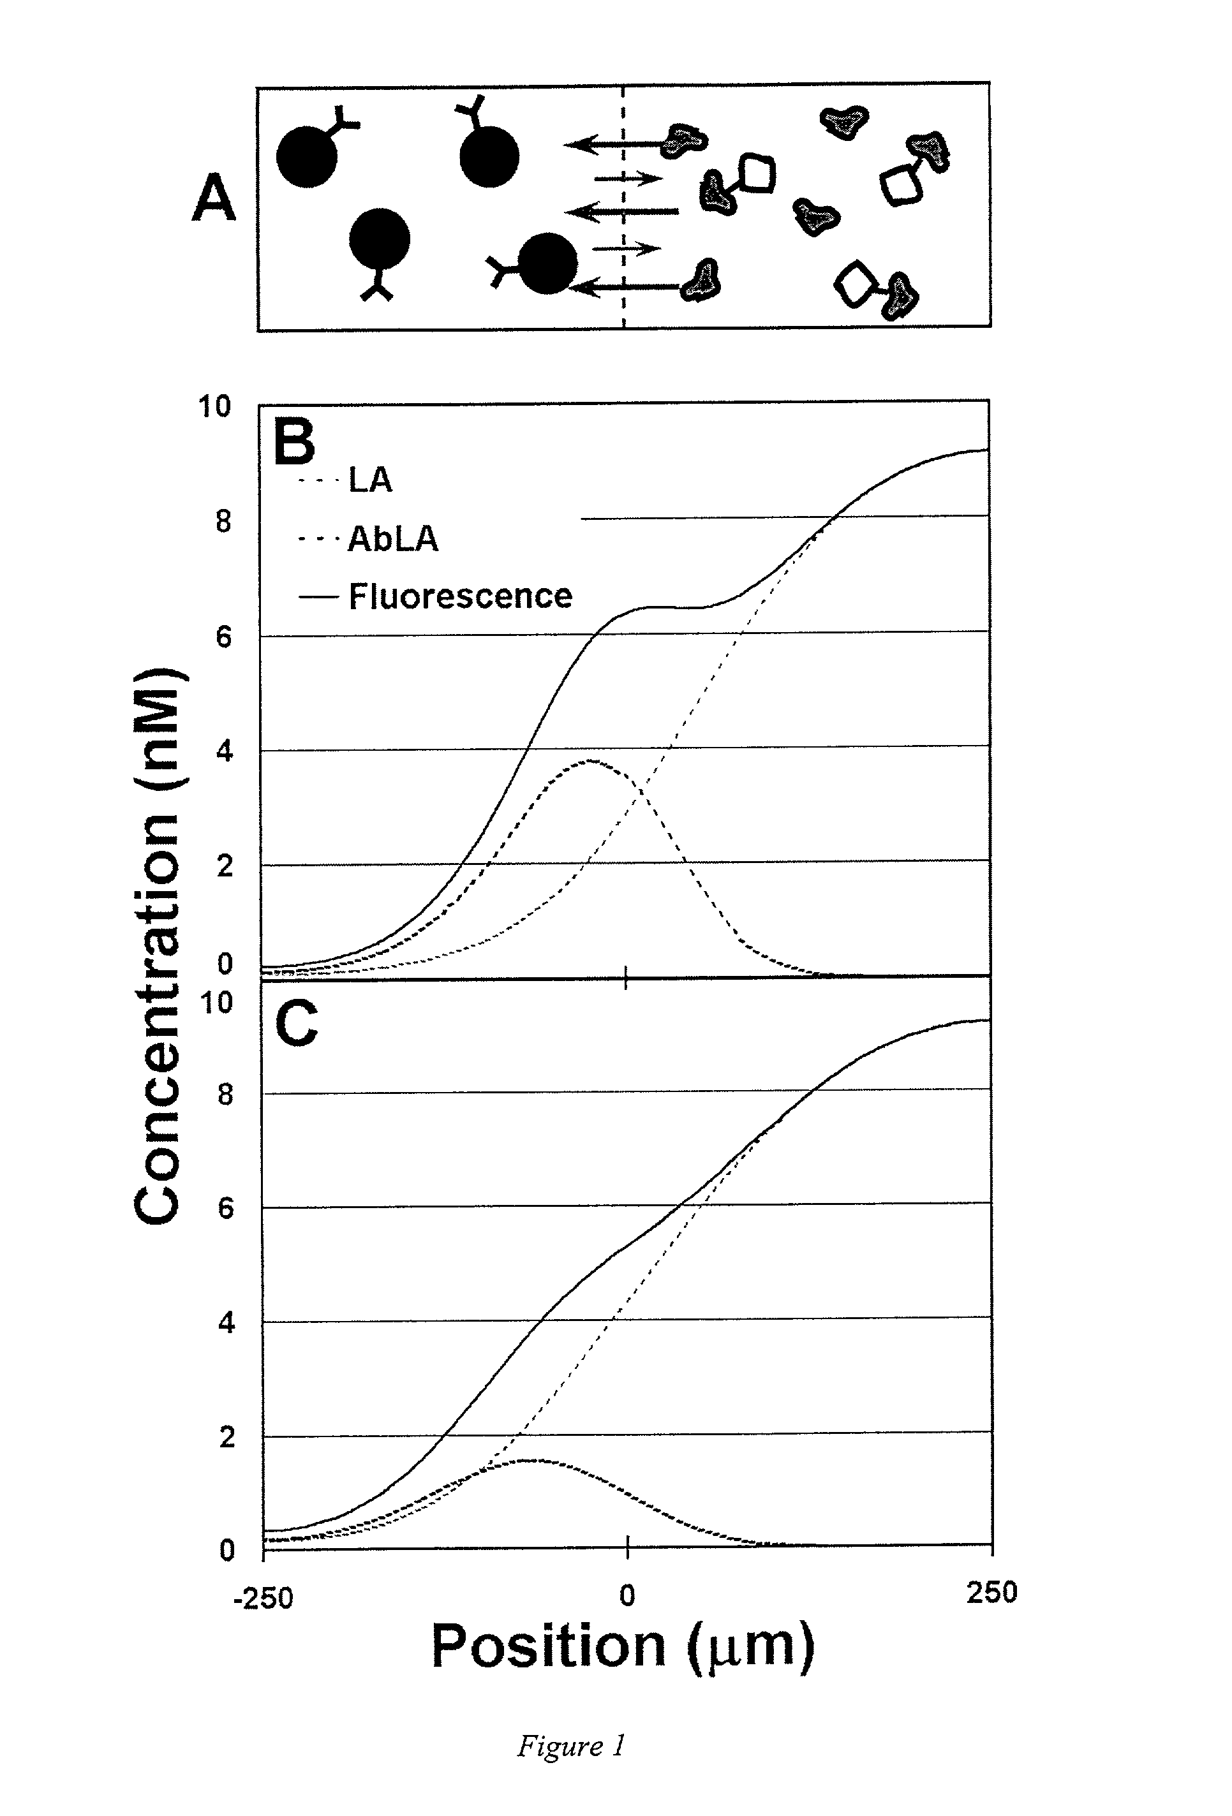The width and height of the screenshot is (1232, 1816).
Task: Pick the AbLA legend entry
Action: pyautogui.click(x=392, y=538)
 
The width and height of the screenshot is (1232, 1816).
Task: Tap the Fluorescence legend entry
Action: pyautogui.click(x=459, y=596)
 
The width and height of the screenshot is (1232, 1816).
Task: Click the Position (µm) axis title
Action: pyautogui.click(x=623, y=1646)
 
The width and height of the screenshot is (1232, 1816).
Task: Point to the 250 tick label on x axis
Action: pyautogui.click(x=991, y=1591)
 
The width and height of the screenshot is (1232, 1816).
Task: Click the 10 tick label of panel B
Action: pyautogui.click(x=214, y=406)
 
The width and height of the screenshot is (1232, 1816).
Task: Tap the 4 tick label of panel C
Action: pyautogui.click(x=225, y=1323)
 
